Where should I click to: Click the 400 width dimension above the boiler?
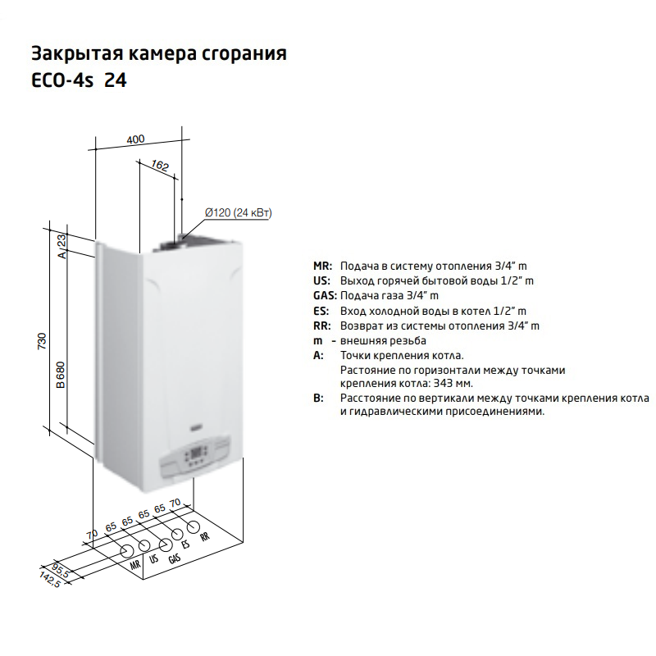click(x=135, y=139)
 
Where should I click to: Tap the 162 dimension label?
click(x=159, y=166)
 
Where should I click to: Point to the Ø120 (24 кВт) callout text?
click(x=238, y=213)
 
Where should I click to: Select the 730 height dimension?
click(x=42, y=341)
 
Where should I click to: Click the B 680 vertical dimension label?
click(x=61, y=375)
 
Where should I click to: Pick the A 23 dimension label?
click(x=61, y=247)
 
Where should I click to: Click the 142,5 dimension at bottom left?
click(x=50, y=580)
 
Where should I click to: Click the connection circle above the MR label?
click(x=127, y=551)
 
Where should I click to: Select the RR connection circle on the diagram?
click(x=193, y=527)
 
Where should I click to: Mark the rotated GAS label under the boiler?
click(x=175, y=558)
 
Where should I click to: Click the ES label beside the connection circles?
click(x=185, y=544)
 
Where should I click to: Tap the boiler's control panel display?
click(x=196, y=453)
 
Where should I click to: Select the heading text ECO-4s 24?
click(x=79, y=80)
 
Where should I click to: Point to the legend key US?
click(x=321, y=280)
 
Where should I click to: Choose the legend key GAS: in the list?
click(x=325, y=296)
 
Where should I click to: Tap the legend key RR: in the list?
click(x=321, y=326)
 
